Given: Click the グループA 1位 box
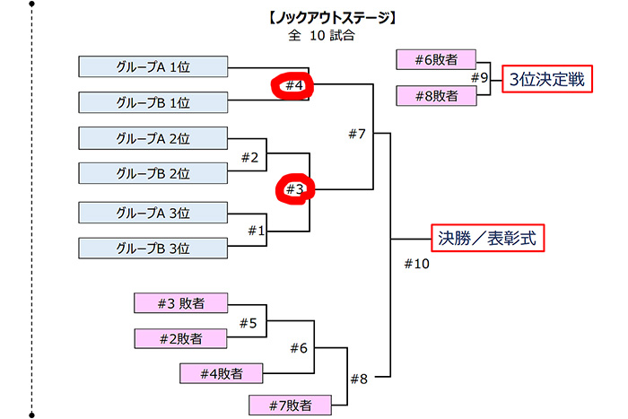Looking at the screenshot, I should (153, 67).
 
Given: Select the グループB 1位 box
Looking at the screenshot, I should (153, 101).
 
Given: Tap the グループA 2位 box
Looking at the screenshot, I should (153, 138).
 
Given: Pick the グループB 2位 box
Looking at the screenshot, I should (153, 172).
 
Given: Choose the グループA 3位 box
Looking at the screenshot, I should (153, 213).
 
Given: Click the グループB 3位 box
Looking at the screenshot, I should (153, 248).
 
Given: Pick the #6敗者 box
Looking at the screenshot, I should (436, 60).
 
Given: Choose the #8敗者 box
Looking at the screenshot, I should (436, 95).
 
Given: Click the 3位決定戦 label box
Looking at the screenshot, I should (546, 79).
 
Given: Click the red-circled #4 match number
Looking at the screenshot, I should (295, 86).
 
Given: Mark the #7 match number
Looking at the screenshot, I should (357, 135).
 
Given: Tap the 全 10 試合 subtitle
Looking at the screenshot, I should (320, 36).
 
